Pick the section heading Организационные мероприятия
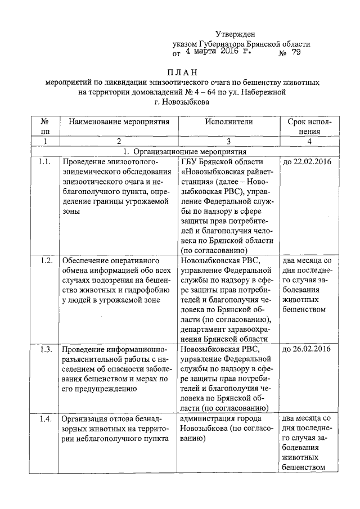[190, 152]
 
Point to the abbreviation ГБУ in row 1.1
[191, 163]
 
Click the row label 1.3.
[46, 349]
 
